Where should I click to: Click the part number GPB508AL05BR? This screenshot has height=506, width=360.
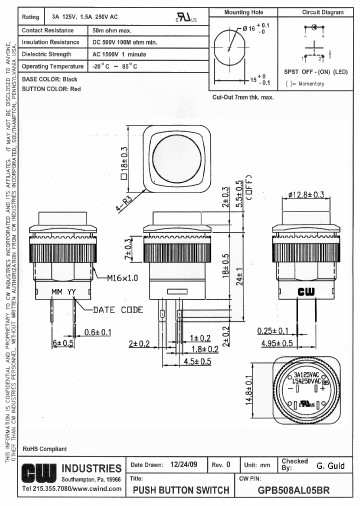[293, 489]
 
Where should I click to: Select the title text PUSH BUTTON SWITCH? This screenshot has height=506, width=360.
[181, 490]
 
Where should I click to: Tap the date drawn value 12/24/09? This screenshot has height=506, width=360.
[183, 464]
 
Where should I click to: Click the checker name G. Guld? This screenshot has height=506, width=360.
[330, 465]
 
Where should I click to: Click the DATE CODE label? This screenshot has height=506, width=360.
[118, 310]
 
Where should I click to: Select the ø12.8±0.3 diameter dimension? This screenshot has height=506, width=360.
[306, 194]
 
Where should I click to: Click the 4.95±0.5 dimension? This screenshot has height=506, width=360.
[277, 343]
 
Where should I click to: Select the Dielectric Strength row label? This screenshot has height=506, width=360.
[47, 54]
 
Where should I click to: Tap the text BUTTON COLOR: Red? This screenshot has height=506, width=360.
[51, 89]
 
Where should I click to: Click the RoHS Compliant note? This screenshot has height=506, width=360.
[44, 449]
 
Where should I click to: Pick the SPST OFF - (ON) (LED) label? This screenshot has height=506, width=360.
[315, 72]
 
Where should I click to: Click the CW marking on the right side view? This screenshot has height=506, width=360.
[306, 292]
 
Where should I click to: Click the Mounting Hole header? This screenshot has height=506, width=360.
[243, 12]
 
